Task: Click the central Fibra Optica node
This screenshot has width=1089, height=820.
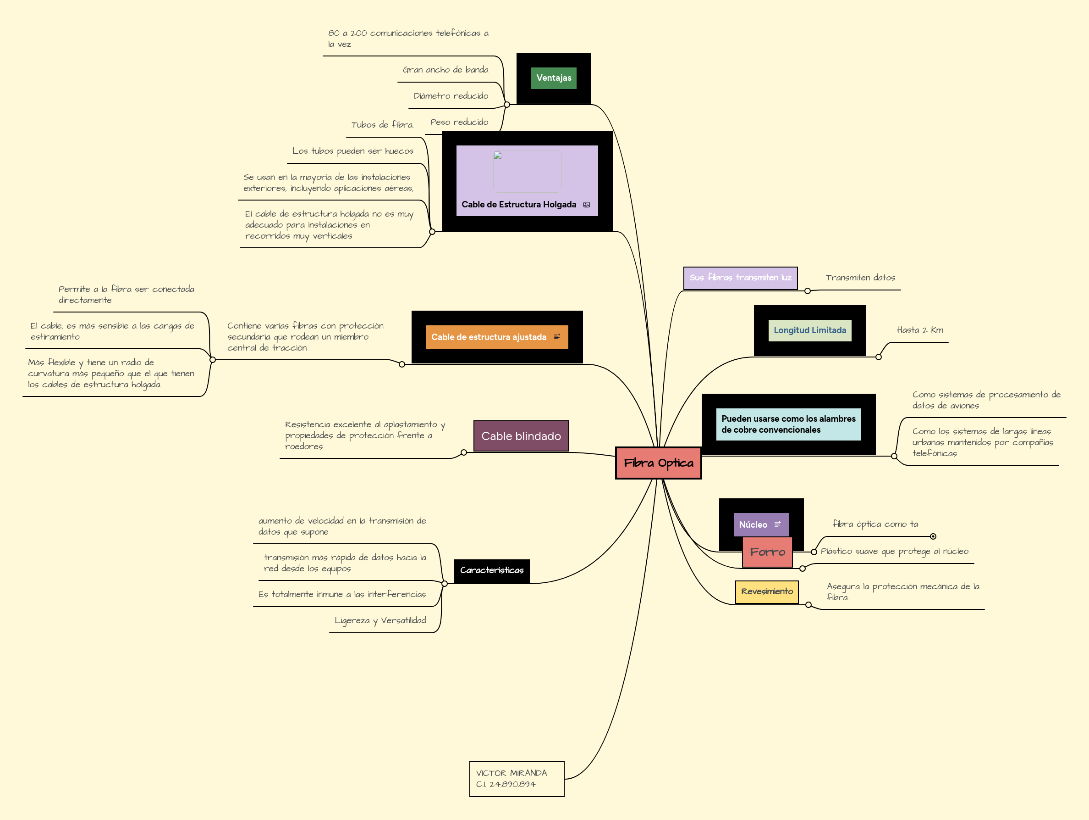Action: [x=658, y=463]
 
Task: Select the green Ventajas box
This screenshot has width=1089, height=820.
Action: [x=553, y=78]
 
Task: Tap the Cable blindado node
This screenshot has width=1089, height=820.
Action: [x=521, y=436]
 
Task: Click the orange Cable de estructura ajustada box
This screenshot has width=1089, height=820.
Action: [x=489, y=337]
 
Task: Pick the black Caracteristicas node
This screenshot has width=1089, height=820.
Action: [x=491, y=570]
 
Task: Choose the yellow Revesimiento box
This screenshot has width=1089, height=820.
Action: [x=766, y=591]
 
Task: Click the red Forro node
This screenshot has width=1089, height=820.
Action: [x=767, y=552]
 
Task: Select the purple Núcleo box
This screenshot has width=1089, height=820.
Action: [x=753, y=525]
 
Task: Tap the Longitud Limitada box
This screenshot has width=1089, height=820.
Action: [x=809, y=330]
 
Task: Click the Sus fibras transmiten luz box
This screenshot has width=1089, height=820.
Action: [x=740, y=278]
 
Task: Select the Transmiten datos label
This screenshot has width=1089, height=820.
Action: [x=860, y=278]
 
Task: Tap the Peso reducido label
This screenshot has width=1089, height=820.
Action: [x=459, y=122]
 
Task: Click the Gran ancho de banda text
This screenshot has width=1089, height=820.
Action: [x=445, y=70]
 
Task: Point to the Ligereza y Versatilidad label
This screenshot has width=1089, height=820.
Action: [x=380, y=620]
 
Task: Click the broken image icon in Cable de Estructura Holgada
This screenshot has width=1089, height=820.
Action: [x=498, y=155]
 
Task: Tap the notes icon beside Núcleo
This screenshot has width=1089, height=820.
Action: [x=777, y=524]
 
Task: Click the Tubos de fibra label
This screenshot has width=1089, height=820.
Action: [x=382, y=125]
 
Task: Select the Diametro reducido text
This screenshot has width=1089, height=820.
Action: [x=451, y=96]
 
